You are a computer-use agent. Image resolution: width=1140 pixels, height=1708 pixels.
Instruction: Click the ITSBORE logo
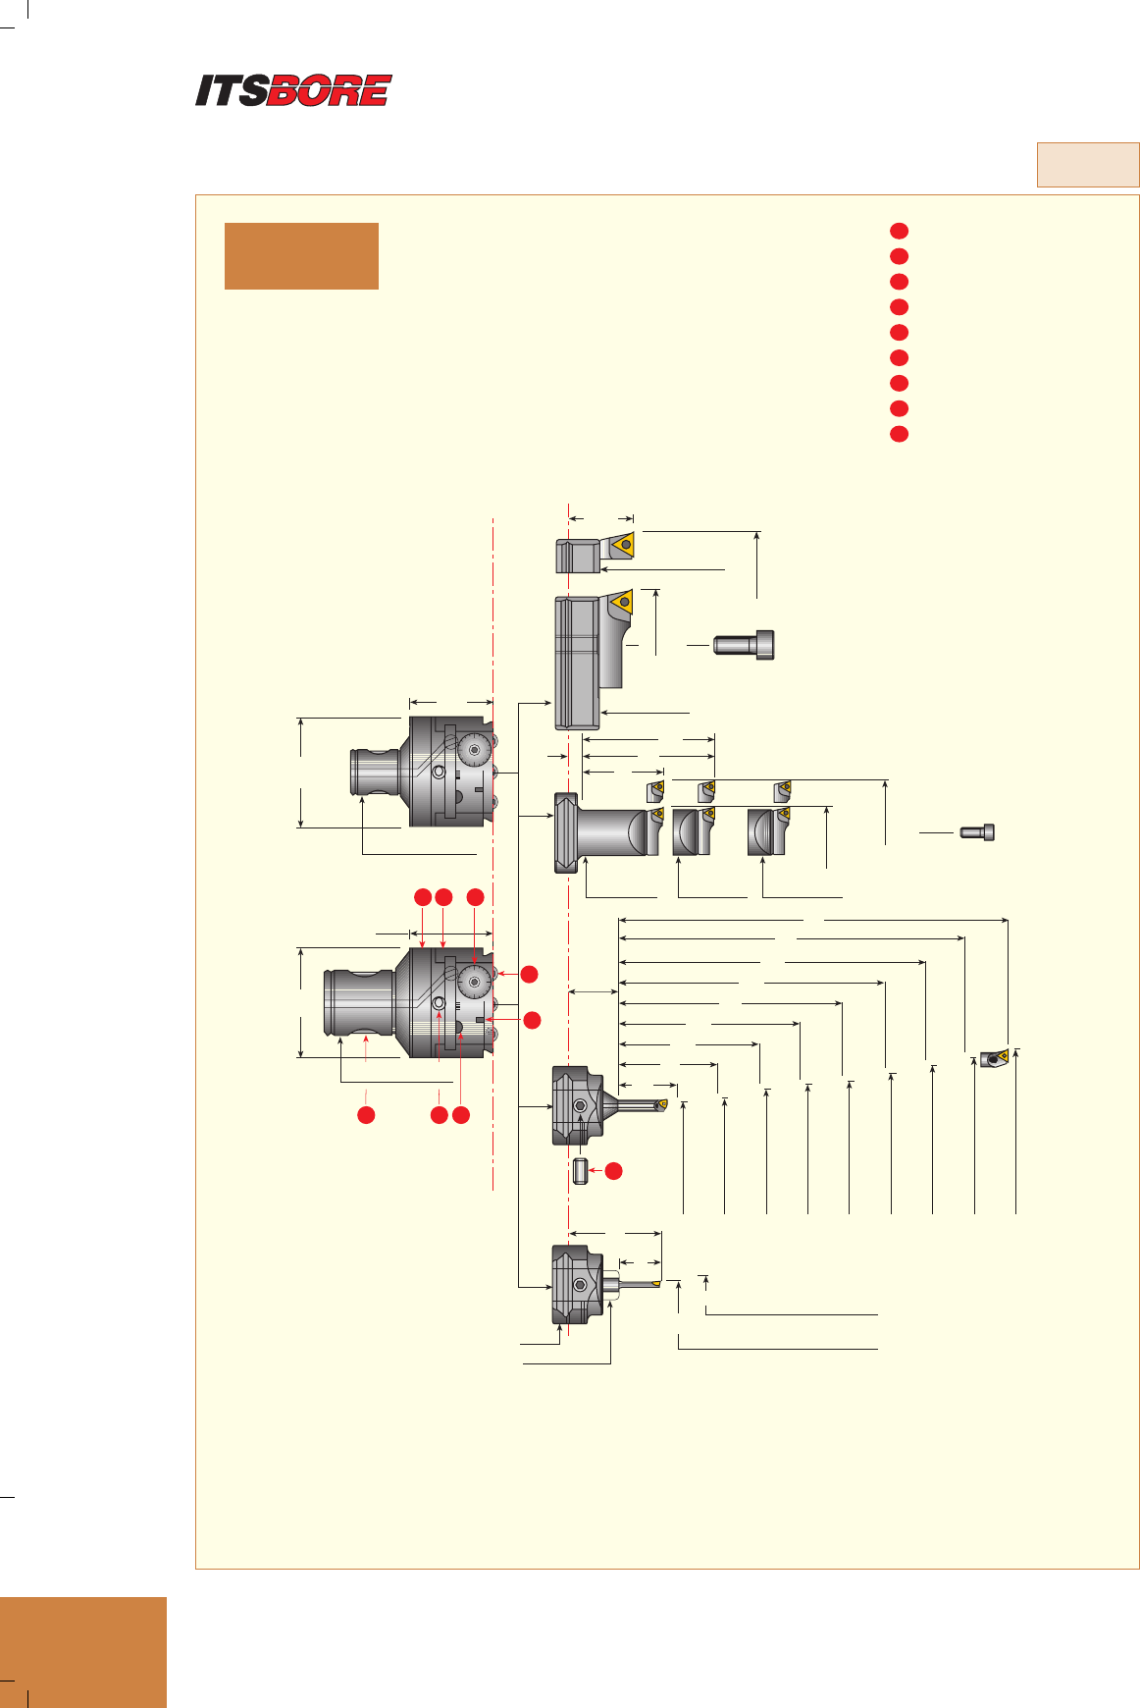pos(293,90)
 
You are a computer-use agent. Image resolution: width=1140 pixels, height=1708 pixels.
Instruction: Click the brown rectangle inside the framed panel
pos(301,256)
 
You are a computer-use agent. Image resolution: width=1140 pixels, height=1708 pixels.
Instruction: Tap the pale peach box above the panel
pos(1088,165)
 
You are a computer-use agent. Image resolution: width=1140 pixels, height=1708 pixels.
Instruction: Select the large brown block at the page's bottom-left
pos(83,1652)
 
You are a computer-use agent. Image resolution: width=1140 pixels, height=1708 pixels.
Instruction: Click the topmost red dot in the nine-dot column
pos(899,231)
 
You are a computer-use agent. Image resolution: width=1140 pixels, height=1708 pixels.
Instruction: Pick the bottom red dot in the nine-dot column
pos(899,434)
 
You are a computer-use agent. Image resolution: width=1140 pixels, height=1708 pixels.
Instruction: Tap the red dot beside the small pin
pos(613,1170)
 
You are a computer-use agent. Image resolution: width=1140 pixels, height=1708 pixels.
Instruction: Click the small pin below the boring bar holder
pos(581,1171)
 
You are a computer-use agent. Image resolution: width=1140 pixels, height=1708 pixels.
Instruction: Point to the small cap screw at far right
pos(977,832)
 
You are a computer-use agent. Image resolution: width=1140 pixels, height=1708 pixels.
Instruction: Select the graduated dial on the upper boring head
pos(475,751)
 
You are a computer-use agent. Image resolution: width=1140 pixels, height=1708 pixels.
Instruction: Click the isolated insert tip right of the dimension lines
pos(994,1058)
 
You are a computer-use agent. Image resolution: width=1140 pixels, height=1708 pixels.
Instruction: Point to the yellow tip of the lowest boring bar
pos(655,1283)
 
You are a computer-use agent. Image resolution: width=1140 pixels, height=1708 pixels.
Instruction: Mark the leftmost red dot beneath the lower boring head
pos(366,1115)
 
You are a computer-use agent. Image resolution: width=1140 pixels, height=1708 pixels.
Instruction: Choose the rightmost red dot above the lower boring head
pos(475,897)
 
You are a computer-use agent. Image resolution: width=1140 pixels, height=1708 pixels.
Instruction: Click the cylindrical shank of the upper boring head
pos(374,772)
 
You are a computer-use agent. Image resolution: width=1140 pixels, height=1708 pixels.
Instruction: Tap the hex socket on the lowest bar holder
pos(581,1285)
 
